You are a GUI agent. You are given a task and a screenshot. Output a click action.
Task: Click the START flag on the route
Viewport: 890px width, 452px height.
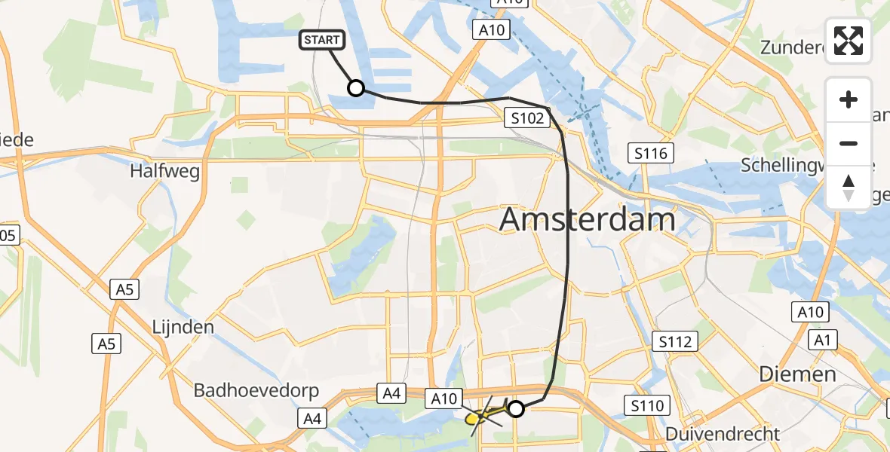pyautogui.click(x=323, y=41)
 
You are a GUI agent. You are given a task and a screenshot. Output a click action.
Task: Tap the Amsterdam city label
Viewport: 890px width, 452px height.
pyautogui.click(x=588, y=220)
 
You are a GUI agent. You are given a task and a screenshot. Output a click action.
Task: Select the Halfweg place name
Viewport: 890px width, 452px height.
pyautogui.click(x=164, y=172)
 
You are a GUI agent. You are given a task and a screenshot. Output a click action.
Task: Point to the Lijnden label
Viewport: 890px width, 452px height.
pyautogui.click(x=183, y=328)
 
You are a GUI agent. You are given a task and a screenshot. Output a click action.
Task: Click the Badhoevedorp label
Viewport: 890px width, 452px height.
pyautogui.click(x=256, y=391)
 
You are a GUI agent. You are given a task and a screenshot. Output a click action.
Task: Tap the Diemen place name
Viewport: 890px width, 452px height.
pyautogui.click(x=797, y=374)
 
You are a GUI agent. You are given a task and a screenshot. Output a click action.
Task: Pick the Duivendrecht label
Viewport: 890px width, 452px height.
pyautogui.click(x=723, y=435)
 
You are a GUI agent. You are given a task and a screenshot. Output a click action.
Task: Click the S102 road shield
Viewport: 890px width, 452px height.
pyautogui.click(x=526, y=118)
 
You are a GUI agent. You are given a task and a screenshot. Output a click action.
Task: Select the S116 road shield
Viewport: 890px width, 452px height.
pyautogui.click(x=649, y=154)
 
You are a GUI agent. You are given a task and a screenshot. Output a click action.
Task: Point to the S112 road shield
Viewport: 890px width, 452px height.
pyautogui.click(x=674, y=343)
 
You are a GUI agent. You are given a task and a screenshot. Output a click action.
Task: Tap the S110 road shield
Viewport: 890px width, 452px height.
pyautogui.click(x=648, y=407)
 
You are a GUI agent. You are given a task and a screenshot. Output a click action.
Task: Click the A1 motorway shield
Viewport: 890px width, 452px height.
pyautogui.click(x=823, y=341)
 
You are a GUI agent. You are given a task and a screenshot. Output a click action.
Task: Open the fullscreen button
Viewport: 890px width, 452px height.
pyautogui.click(x=849, y=41)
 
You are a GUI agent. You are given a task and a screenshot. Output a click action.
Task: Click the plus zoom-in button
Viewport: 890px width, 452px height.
pyautogui.click(x=849, y=99)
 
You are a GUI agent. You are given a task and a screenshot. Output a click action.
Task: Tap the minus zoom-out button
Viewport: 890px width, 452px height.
pyautogui.click(x=849, y=143)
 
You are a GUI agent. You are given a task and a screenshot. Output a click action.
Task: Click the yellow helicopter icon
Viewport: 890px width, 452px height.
pyautogui.click(x=483, y=416)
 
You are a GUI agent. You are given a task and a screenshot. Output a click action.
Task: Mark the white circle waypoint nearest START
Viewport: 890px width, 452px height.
pyautogui.click(x=356, y=89)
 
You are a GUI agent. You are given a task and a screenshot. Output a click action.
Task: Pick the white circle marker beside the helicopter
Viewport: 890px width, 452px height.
pyautogui.click(x=516, y=409)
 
